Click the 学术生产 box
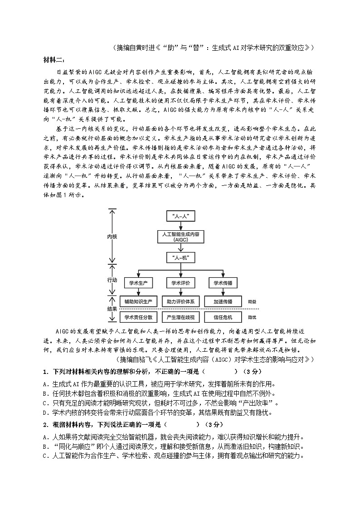pyautogui.click(x=138, y=283)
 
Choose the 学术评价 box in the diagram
pyautogui.click(x=180, y=283)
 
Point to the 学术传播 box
pyautogui.click(x=223, y=283)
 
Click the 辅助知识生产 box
pyautogui.click(x=138, y=301)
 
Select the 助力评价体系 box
pyautogui.click(x=180, y=301)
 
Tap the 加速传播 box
pyautogui.click(x=223, y=301)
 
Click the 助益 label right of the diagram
pyautogui.click(x=252, y=301)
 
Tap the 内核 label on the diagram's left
pyautogui.click(x=112, y=237)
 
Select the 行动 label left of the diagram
pyautogui.click(x=112, y=280)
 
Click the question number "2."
pyautogui.click(x=45, y=425)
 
